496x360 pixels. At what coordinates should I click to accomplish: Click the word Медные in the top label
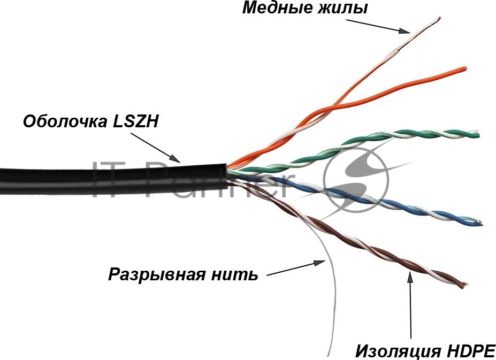(277, 8)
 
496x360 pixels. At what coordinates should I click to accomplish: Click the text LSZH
(135, 121)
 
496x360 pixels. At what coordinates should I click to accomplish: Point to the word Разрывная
(157, 274)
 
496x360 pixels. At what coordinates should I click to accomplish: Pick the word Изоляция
(398, 351)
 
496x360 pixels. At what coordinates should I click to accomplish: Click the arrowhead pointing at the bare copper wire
(405, 30)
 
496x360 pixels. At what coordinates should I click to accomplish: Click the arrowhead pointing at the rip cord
(319, 263)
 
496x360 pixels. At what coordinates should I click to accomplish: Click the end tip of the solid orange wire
(464, 68)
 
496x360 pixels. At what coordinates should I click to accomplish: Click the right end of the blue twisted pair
(480, 223)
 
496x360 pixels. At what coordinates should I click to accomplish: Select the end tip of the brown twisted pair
(464, 285)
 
